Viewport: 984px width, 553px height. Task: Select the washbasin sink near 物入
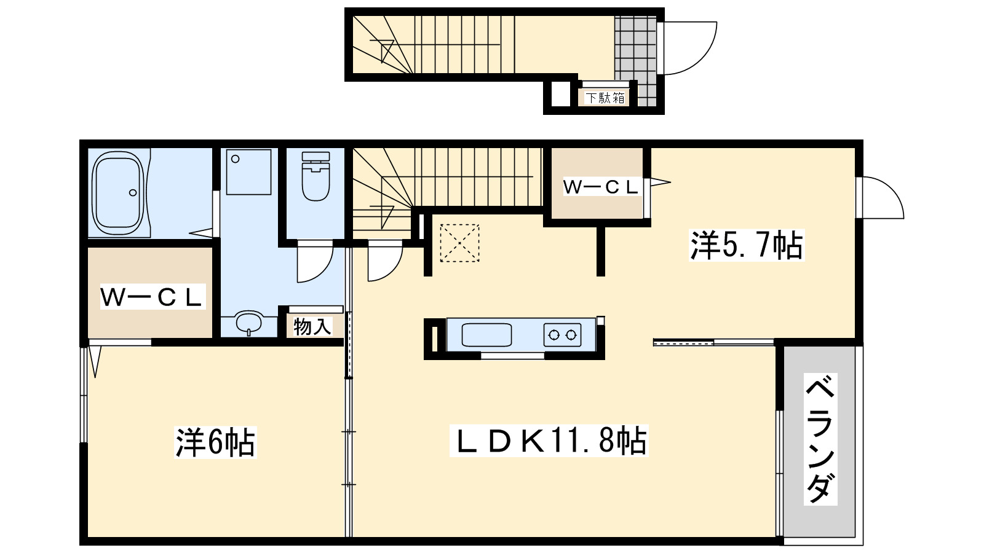click(249, 323)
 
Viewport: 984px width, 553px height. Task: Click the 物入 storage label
click(312, 326)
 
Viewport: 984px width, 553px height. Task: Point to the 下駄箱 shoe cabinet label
click(605, 98)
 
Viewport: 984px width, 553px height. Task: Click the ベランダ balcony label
click(820, 440)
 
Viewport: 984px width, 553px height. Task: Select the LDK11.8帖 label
click(549, 441)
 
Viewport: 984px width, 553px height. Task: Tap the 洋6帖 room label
click(215, 442)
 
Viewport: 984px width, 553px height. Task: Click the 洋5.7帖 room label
click(746, 245)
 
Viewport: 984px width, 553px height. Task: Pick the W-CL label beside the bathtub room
click(151, 298)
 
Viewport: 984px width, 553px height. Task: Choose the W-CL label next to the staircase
click(600, 187)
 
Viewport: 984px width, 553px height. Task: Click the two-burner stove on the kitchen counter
click(562, 335)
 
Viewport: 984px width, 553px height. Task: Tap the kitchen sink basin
click(486, 335)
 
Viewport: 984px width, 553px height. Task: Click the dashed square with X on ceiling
click(459, 243)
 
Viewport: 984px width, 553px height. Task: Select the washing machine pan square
click(248, 172)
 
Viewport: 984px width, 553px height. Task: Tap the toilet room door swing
click(314, 263)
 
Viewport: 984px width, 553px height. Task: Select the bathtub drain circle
click(133, 192)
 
